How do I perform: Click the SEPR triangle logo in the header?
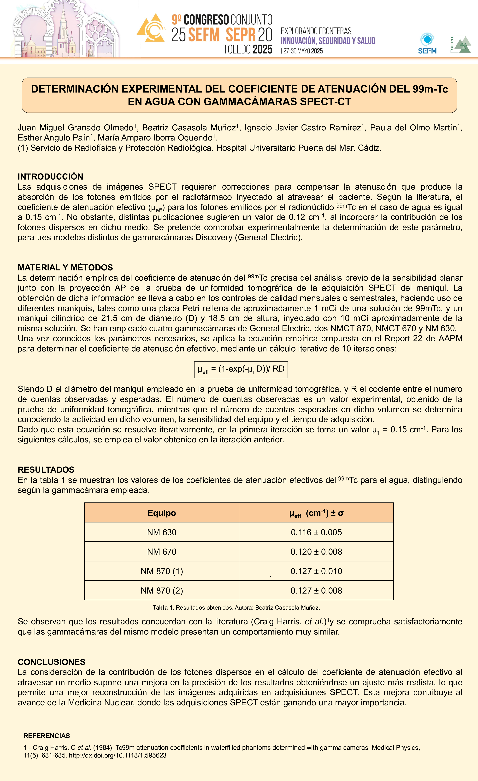pyautogui.click(x=460, y=44)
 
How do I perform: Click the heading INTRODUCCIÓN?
pyautogui.click(x=50, y=177)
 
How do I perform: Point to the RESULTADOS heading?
pyautogui.click(x=46, y=470)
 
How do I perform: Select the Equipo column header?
pyautogui.click(x=162, y=513)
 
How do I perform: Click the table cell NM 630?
pyautogui.click(x=162, y=532)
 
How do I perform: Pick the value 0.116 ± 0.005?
pyautogui.click(x=316, y=532)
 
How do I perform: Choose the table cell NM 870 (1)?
pyautogui.click(x=162, y=571)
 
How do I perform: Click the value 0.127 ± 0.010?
pyautogui.click(x=316, y=571)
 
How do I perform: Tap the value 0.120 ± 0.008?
pyautogui.click(x=316, y=552)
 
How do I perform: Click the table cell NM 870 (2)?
pyautogui.click(x=162, y=590)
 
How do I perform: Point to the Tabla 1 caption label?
pyautogui.click(x=164, y=608)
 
